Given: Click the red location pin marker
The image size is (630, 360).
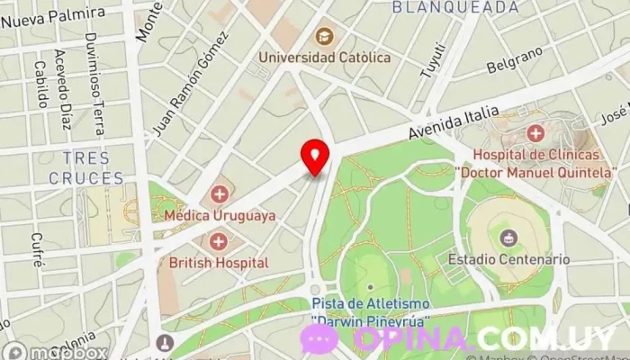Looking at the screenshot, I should click(x=315, y=157).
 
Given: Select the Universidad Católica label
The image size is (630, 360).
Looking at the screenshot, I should click(x=324, y=58).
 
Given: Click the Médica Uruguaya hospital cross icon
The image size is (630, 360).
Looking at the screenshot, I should click(x=220, y=194).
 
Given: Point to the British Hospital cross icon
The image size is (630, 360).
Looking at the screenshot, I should click(x=219, y=241).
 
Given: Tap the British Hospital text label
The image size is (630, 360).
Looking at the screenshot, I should click(x=219, y=263).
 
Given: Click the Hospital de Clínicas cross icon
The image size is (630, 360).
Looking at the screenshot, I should click(x=535, y=134).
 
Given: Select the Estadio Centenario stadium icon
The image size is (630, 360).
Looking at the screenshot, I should click(x=508, y=238).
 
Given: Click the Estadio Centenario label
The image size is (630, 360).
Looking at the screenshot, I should click(x=508, y=259).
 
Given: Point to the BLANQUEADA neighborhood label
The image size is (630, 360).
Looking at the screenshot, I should click(x=455, y=7).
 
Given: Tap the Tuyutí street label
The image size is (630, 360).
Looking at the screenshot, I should click(x=436, y=58).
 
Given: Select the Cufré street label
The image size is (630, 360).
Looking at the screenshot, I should click(x=37, y=249).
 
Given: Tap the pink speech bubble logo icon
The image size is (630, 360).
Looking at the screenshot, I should click(x=319, y=339).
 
